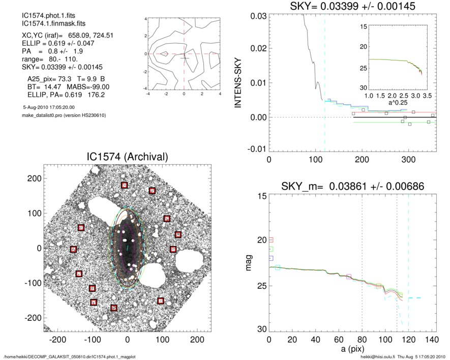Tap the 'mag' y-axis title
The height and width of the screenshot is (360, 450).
pos(249,262)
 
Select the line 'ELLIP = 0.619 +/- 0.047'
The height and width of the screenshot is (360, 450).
pos(54,44)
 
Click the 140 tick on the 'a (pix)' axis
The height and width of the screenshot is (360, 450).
pos(431,339)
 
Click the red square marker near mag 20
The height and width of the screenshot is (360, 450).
pos(271,239)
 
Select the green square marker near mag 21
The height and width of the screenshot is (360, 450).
pos(271,249)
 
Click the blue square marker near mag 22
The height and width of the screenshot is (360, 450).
pos(271,258)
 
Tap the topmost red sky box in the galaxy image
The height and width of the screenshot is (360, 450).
pos(124,185)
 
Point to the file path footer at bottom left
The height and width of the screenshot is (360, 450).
pos(70,356)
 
